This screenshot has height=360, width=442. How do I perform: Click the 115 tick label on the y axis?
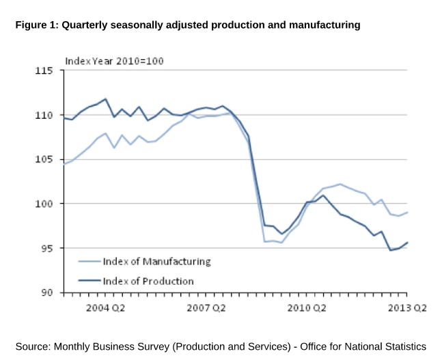click(45, 71)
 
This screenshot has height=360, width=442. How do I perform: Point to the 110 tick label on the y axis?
click(45, 115)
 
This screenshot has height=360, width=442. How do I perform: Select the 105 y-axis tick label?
click(45, 160)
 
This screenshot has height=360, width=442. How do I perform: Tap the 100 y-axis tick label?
click(45, 204)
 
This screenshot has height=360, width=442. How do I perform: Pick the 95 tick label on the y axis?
click(48, 249)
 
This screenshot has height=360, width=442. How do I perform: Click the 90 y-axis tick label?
click(48, 293)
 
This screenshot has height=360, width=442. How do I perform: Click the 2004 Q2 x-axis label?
click(105, 307)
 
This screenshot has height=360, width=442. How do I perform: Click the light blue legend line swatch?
click(89, 262)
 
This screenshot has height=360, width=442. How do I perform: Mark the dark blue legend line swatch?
click(89, 281)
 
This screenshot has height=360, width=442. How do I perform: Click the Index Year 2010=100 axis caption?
click(114, 61)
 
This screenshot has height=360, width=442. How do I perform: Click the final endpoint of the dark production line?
click(408, 243)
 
